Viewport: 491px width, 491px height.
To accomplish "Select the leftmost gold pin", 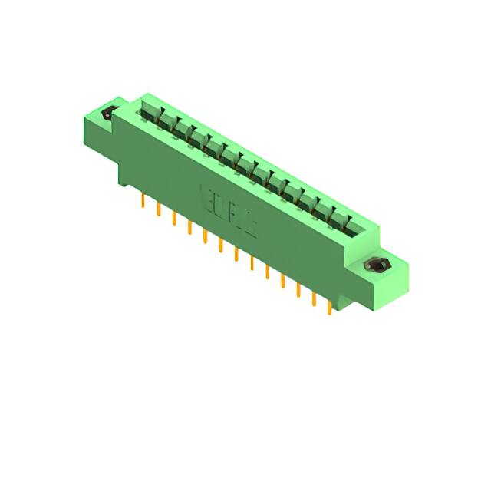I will (x=143, y=201).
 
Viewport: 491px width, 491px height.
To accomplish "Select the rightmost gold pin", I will (x=330, y=307).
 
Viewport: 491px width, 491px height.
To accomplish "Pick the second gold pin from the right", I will (x=314, y=298).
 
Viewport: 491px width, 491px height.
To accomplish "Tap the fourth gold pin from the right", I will (x=283, y=281).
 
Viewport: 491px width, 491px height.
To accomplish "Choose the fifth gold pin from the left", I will (x=205, y=236).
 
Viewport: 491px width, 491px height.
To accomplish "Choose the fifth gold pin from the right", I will (x=267, y=272).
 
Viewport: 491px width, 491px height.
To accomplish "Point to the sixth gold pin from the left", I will (x=221, y=245).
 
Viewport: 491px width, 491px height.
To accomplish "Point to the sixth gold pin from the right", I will (x=252, y=263).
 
